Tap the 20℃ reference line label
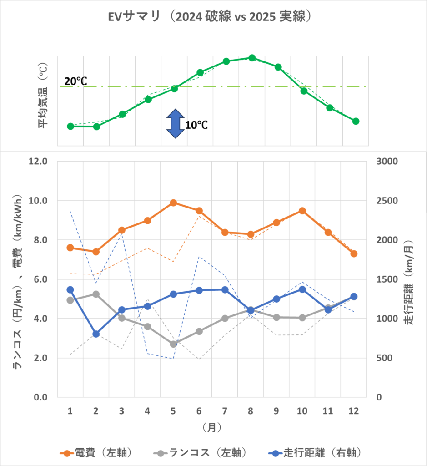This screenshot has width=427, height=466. click(75, 81)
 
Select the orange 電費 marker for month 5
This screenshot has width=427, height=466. click(174, 203)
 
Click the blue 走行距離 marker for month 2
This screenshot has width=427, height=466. click(96, 334)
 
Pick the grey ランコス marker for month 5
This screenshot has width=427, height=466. click(174, 344)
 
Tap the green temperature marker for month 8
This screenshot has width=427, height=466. click(252, 58)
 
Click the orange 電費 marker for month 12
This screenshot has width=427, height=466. click(354, 253)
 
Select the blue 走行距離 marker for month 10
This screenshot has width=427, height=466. click(302, 289)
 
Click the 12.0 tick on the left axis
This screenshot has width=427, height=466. click(39, 162)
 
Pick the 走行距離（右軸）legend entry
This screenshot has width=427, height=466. click(316, 452)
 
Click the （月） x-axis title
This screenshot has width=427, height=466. click(212, 428)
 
